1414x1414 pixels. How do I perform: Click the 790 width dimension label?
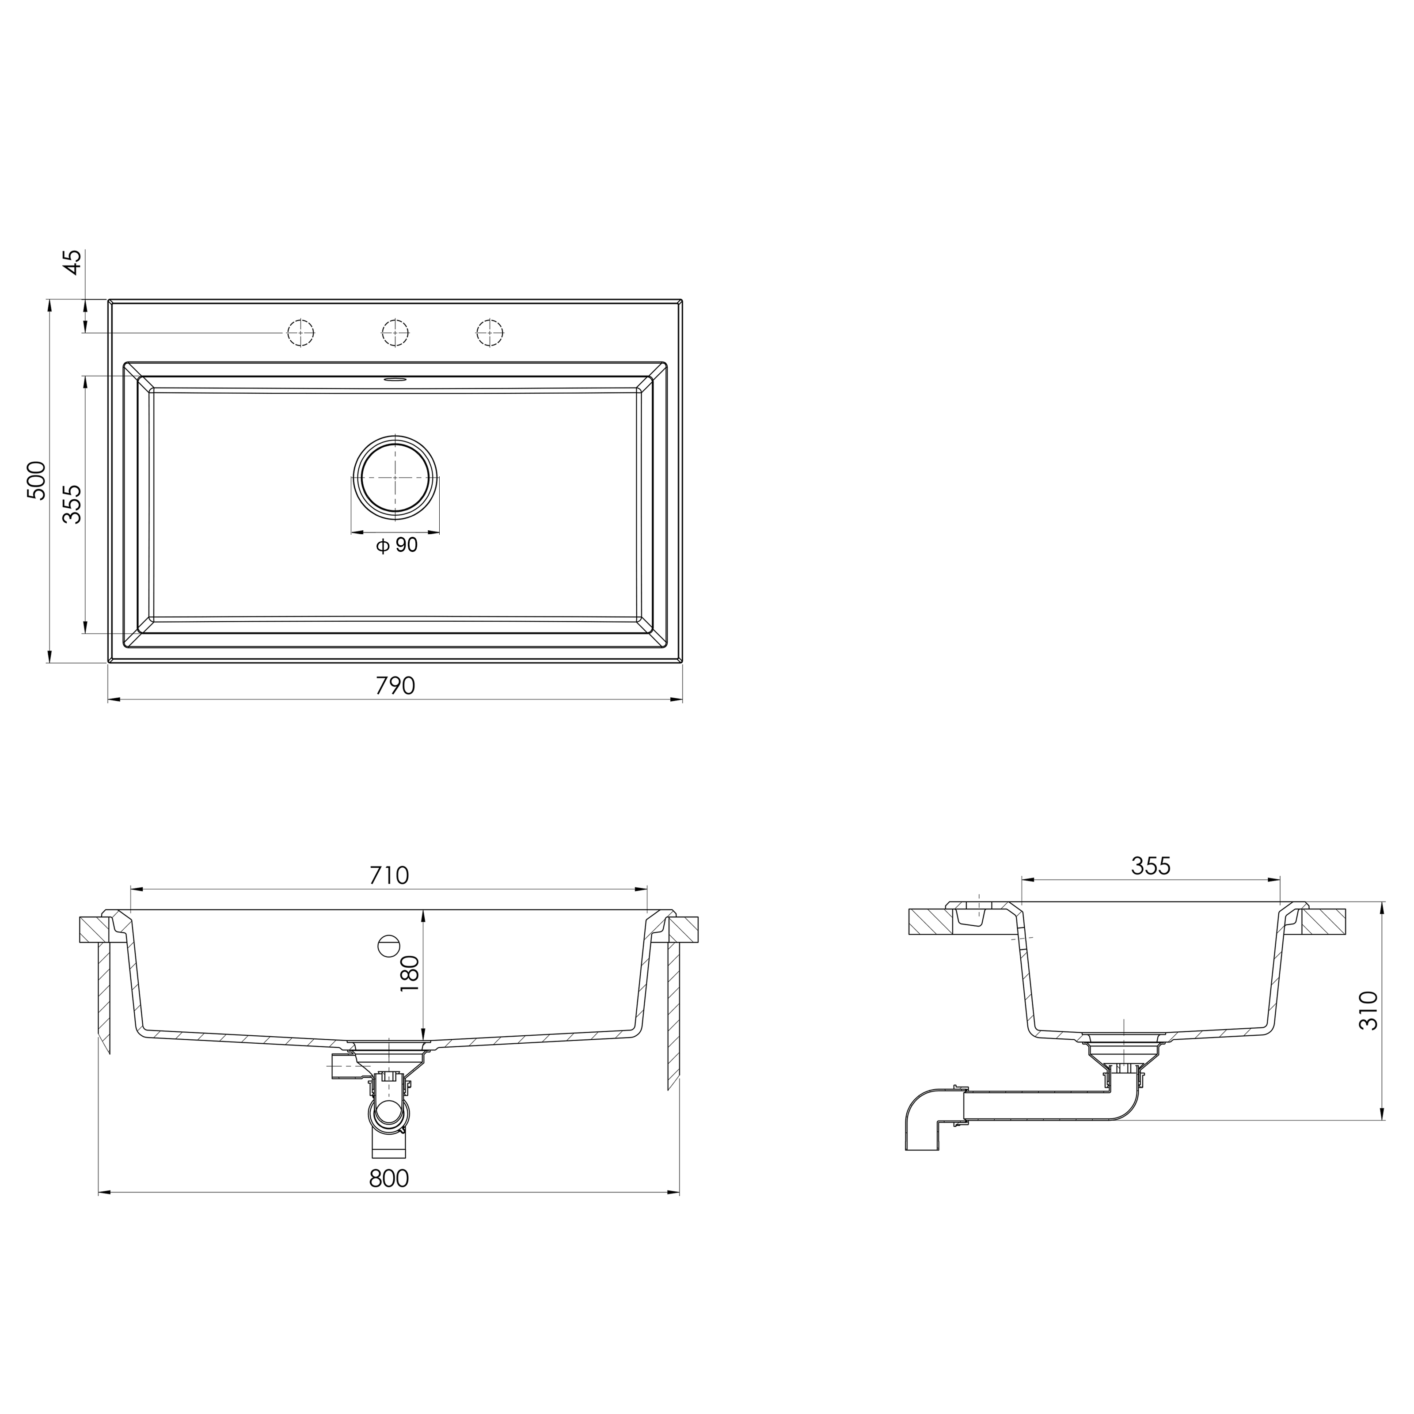395,686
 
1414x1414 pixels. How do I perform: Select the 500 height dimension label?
37,480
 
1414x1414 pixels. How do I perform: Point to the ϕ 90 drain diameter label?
397,545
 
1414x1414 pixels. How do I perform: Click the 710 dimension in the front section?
389,875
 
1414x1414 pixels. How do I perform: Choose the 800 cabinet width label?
389,1178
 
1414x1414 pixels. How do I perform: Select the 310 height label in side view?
1368,1011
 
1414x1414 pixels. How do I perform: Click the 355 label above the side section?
1151,866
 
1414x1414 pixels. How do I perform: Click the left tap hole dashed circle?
300,333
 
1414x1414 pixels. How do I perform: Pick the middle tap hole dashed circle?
395,333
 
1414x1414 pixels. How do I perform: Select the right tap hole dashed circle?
490,333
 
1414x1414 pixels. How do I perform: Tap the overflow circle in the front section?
388,946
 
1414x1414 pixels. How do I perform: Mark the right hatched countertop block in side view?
1323,921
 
